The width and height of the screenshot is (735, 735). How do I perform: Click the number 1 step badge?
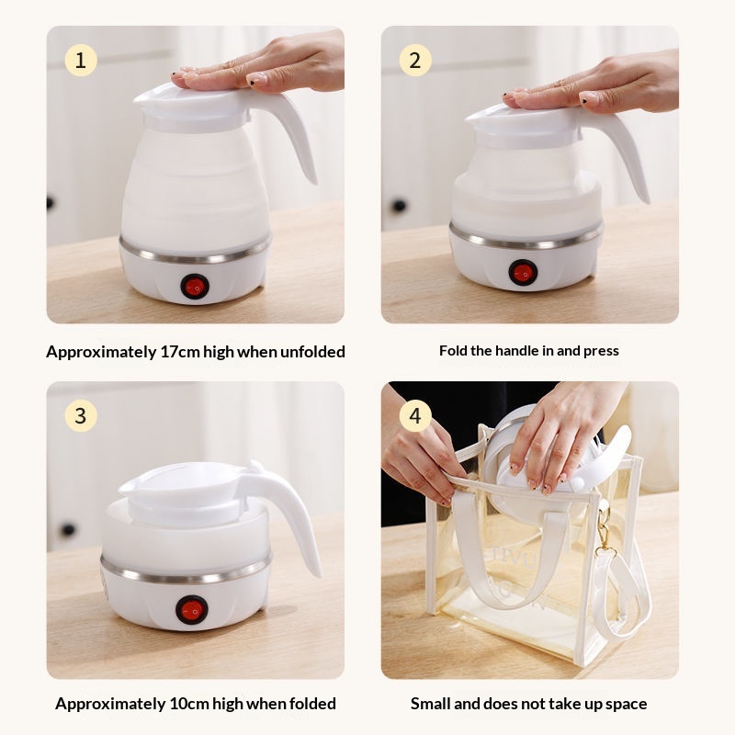[81, 60]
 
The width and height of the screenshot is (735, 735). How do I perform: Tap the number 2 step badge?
[415, 60]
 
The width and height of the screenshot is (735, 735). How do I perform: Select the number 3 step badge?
[81, 415]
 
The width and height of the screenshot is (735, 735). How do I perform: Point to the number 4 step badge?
[415, 415]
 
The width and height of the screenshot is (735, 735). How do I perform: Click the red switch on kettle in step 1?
[195, 287]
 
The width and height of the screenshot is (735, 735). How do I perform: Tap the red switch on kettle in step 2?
[523, 272]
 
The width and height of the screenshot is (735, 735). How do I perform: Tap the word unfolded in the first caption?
[312, 352]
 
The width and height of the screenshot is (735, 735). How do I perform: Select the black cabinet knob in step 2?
[399, 205]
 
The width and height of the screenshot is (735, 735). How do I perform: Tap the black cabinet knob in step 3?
[68, 530]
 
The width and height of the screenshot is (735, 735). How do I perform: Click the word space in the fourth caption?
[626, 704]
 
